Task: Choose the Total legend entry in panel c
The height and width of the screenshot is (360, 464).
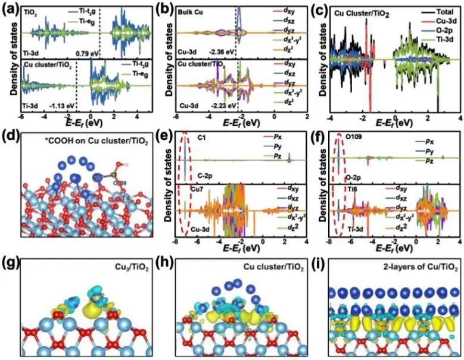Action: [x=441, y=11]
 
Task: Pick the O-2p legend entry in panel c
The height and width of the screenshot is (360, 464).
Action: [x=441, y=30]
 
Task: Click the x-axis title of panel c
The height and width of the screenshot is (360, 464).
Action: [x=393, y=122]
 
